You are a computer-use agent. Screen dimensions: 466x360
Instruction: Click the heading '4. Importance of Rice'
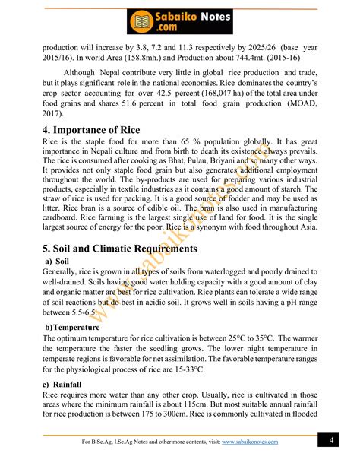[91, 131]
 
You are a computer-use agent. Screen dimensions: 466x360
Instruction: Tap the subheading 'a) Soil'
[58, 262]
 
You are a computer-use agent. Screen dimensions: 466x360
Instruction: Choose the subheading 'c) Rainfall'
[62, 385]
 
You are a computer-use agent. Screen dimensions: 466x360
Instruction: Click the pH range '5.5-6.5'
[81, 312]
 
